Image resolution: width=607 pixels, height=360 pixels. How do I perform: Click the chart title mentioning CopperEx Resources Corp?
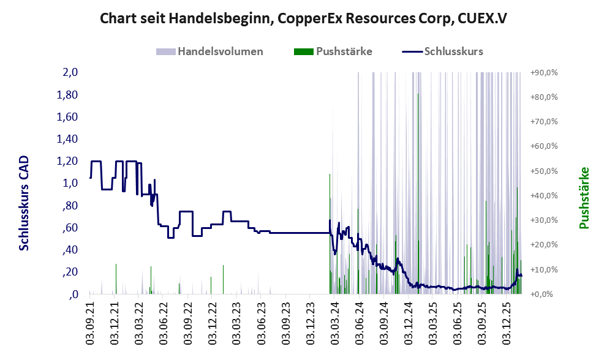pyautogui.click(x=303, y=18)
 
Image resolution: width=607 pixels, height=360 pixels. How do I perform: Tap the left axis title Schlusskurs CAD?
pyautogui.click(x=25, y=203)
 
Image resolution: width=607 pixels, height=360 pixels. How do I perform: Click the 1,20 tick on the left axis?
pyautogui.click(x=67, y=161)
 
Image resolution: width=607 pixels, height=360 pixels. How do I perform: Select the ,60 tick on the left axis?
pyautogui.click(x=69, y=228)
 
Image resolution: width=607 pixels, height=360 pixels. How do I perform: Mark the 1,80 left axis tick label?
pyautogui.click(x=67, y=95)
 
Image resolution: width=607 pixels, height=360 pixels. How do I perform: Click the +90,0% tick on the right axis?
pyautogui.click(x=543, y=72)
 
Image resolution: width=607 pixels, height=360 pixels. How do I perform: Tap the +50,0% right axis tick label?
pyautogui.click(x=543, y=171)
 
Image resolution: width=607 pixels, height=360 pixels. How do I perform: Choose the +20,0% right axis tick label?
pyautogui.click(x=543, y=245)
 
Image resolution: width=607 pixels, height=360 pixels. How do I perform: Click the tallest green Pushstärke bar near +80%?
pyautogui.click(x=418, y=184)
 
